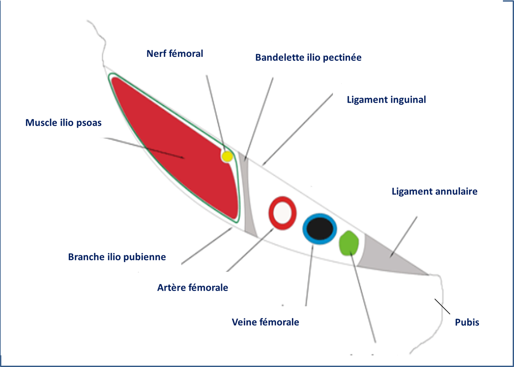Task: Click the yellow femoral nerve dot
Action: (227, 156)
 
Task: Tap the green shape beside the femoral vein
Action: (349, 243)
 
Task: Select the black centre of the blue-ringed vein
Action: (320, 228)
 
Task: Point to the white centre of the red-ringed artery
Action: (282, 213)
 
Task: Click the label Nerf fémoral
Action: (175, 54)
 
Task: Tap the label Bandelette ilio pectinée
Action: (308, 57)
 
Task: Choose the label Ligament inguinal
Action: (386, 100)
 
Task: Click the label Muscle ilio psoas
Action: (63, 123)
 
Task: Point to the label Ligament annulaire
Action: (435, 191)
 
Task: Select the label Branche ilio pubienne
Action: (117, 257)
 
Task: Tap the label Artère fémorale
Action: (193, 287)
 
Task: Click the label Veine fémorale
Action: (265, 322)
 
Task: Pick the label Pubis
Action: (467, 322)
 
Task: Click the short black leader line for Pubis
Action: (442, 306)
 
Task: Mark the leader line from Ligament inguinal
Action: (298, 129)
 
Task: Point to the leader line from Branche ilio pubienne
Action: (207, 246)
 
